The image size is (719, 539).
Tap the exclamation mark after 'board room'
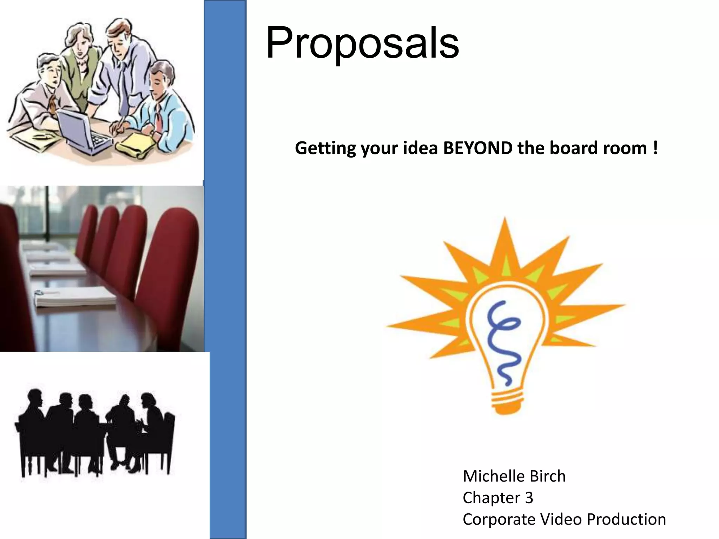coord(655,147)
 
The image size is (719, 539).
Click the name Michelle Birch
coord(514,476)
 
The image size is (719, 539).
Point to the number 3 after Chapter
coord(529,498)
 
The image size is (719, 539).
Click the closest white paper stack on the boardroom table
coord(75,298)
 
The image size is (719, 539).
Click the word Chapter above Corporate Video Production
coord(492,498)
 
